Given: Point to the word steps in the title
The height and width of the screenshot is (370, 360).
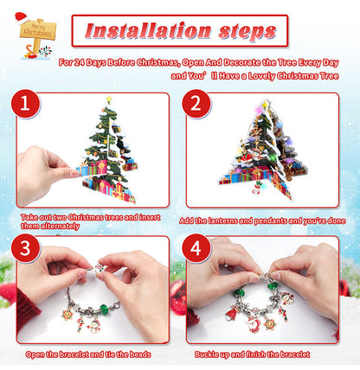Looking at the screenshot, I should tap(240, 33).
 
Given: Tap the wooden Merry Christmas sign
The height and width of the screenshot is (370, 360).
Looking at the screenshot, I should tap(36, 29).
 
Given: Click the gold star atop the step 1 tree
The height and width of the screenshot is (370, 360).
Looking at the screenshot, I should tap(108, 101).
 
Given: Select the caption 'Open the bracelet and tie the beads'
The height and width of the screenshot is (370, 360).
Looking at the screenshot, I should tap(90, 354).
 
